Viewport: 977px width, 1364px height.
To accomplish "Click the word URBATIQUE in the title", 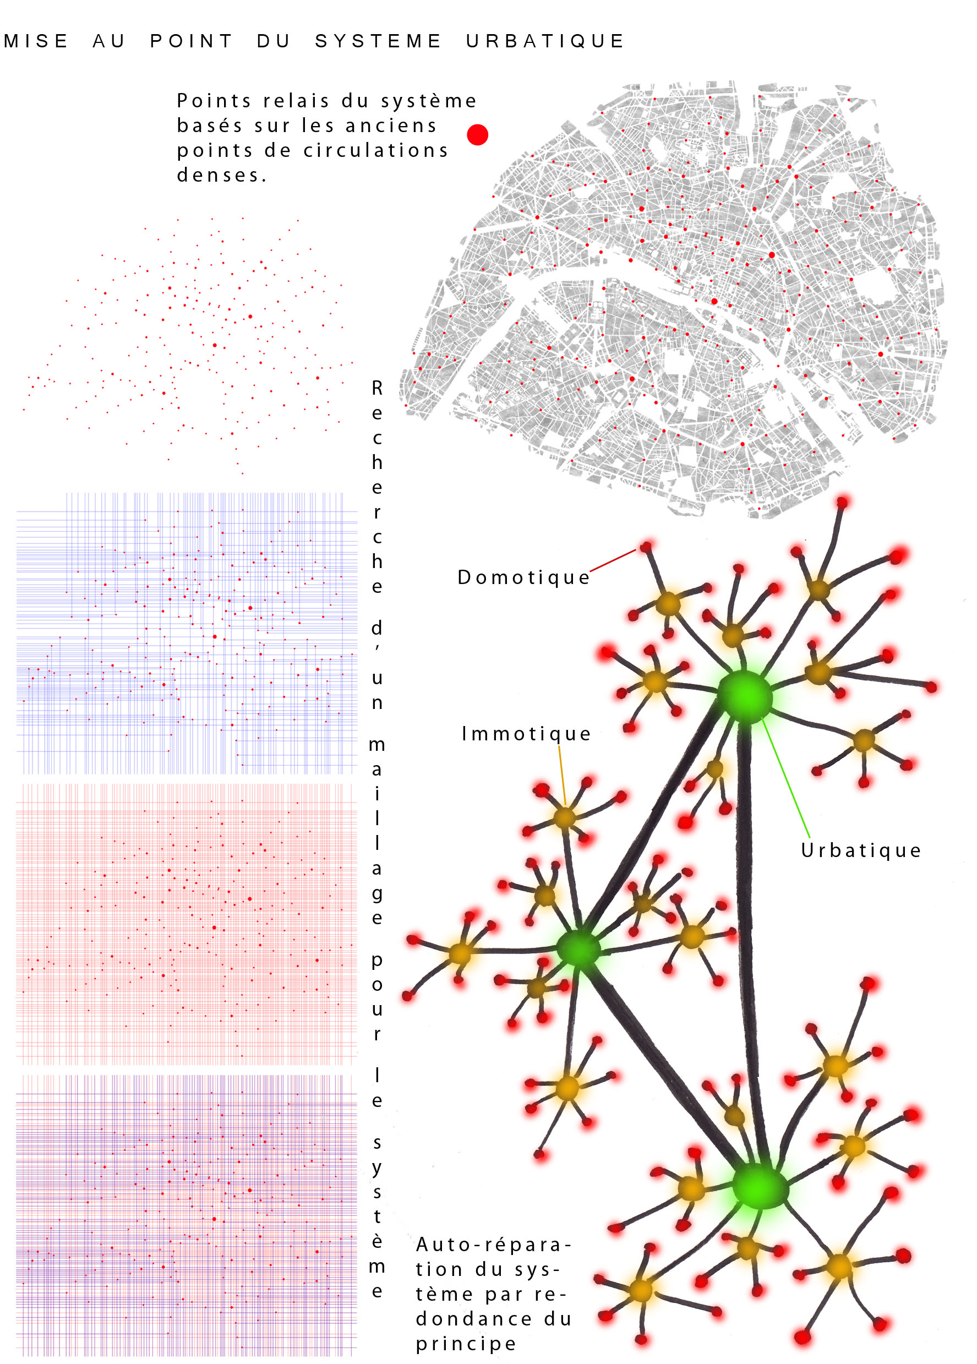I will [545, 41].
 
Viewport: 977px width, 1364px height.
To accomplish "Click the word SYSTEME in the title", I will [378, 41].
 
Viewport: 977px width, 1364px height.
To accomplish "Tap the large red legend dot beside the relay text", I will [477, 135].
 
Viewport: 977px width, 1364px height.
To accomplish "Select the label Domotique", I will [523, 577].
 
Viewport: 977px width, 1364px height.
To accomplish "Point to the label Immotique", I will [526, 734].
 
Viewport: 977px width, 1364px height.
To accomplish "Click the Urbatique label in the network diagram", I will [860, 850].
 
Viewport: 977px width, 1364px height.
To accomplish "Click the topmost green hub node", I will [744, 696].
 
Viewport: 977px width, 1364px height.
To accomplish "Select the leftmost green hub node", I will [578, 948].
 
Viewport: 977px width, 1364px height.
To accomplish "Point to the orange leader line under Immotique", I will [562, 776].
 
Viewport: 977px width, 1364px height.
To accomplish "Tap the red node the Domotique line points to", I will [646, 547].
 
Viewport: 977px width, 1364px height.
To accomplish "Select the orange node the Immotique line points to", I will [565, 817].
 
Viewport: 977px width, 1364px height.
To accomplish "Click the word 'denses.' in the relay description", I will [221, 175].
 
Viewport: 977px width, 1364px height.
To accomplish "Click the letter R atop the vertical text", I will [377, 389].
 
